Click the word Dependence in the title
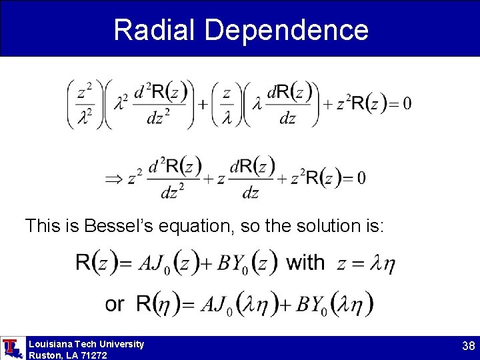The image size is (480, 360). click(287, 30)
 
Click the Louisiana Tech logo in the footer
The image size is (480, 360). click(12, 348)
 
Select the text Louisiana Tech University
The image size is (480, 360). click(86, 344)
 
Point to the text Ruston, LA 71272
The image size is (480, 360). click(67, 355)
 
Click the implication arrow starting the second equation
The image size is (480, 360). click(113, 178)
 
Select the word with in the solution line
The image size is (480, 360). click(305, 262)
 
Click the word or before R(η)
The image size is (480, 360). click(115, 305)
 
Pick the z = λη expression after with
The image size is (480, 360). click(365, 264)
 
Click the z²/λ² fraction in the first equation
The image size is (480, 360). click(85, 103)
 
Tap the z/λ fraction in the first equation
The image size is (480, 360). click(226, 103)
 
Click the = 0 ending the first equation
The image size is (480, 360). click(398, 103)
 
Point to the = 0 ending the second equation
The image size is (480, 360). click(352, 178)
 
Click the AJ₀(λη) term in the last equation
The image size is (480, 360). click(234, 305)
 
